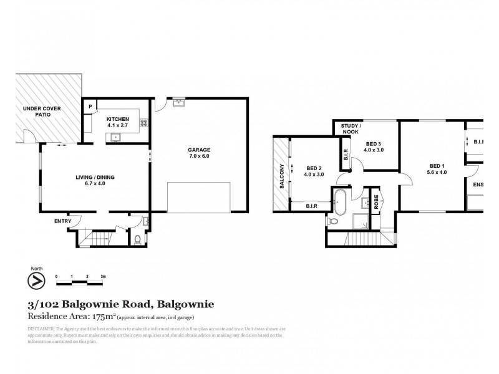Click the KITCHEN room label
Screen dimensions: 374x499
tap(117, 119)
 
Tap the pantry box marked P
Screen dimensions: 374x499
tap(90, 107)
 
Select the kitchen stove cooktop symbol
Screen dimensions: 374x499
tap(144, 123)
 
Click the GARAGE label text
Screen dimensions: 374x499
tap(200, 150)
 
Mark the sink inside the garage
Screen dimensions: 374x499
tap(178, 103)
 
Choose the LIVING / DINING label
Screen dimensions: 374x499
tap(95, 177)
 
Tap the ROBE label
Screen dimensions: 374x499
tap(377, 202)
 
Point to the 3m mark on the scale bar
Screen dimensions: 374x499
tap(102, 276)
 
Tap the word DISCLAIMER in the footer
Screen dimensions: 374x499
tap(42, 328)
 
